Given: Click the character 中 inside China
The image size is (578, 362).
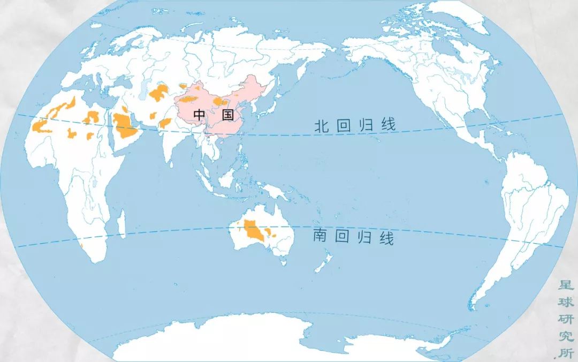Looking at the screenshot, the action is (x=199, y=114).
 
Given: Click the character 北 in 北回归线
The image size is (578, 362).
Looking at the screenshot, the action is (x=321, y=126).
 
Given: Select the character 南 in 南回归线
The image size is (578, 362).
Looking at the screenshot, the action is (x=320, y=237).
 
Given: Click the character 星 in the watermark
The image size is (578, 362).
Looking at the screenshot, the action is (x=566, y=284).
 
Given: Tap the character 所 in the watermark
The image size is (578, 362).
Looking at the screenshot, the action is (x=566, y=353).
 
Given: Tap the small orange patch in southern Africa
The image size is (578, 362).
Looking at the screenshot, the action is (x=82, y=245).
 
